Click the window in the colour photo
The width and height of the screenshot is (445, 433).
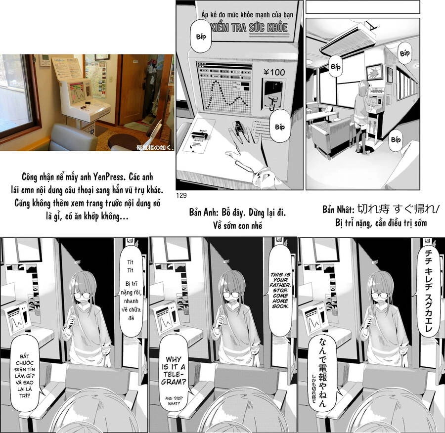point(17,94)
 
